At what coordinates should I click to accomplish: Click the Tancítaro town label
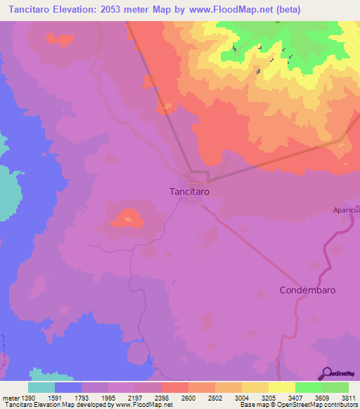(x=189, y=190)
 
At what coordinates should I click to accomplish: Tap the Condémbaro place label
(x=307, y=290)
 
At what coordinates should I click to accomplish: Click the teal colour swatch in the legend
(x=41, y=387)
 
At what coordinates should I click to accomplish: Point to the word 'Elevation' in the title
(x=83, y=10)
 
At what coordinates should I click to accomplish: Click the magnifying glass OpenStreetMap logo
(x=326, y=373)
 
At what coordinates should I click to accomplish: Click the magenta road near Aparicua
(x=328, y=250)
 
